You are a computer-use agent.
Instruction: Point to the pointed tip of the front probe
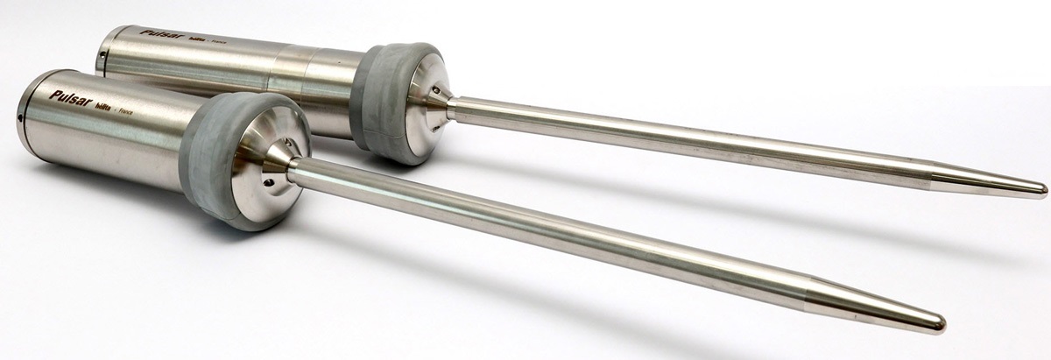click(x=942, y=321)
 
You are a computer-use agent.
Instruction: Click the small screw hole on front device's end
click(x=19, y=114)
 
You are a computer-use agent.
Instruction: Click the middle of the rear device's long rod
click(x=701, y=139)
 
